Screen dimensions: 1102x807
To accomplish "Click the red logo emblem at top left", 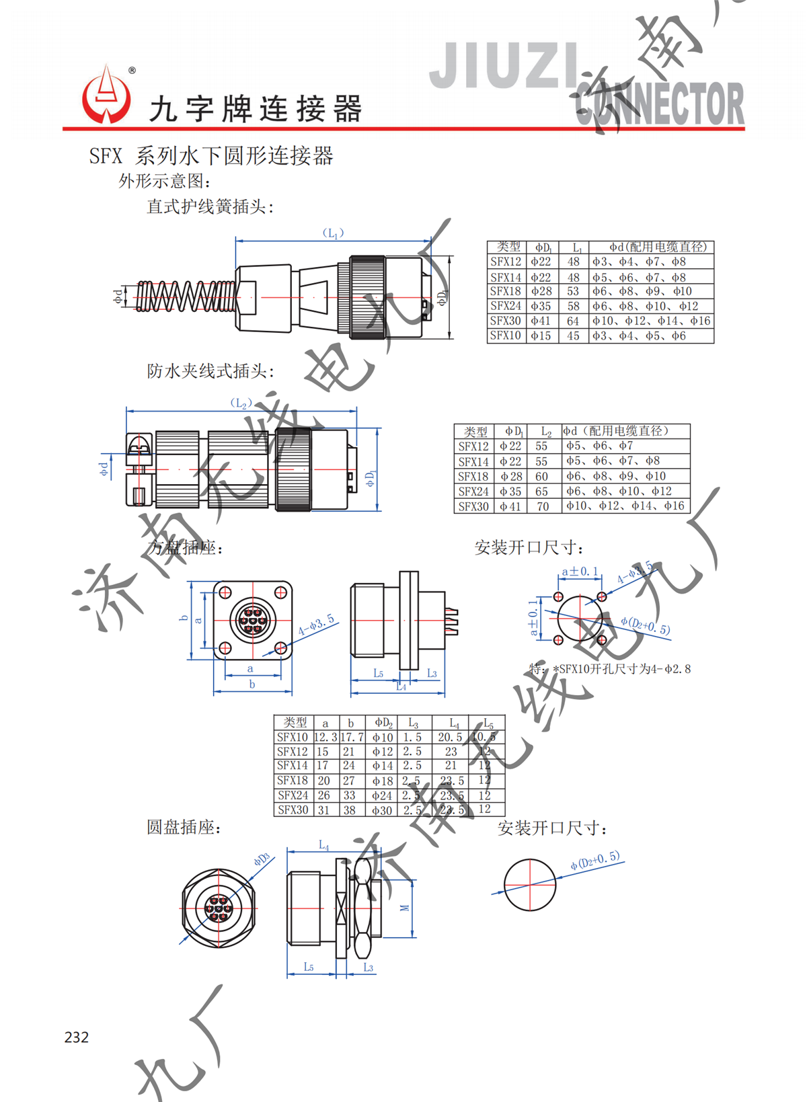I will [106, 96].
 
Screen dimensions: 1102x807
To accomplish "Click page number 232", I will [77, 1037].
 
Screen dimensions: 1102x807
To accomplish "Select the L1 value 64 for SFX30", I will [573, 321].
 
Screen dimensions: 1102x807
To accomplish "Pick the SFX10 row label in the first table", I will [506, 336].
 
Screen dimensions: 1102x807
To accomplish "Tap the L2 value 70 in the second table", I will [542, 506].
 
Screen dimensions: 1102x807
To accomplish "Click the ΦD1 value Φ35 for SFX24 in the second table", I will [510, 491].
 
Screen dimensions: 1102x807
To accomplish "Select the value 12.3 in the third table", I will [325, 738].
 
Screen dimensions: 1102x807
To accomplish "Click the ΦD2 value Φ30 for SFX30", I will [382, 810].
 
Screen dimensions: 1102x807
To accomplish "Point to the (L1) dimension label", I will [333, 233].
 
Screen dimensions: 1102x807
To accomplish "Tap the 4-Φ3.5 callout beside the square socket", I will [316, 626].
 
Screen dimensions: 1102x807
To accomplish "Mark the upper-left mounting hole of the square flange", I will [226, 592].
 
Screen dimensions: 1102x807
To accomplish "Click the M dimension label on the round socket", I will [405, 908].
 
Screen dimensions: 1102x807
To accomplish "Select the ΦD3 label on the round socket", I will [262, 860].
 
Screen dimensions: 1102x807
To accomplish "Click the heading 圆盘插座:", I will [184, 828].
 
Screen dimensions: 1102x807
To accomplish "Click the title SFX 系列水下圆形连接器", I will [211, 156].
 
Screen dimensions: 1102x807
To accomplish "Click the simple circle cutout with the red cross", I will [530, 884].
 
